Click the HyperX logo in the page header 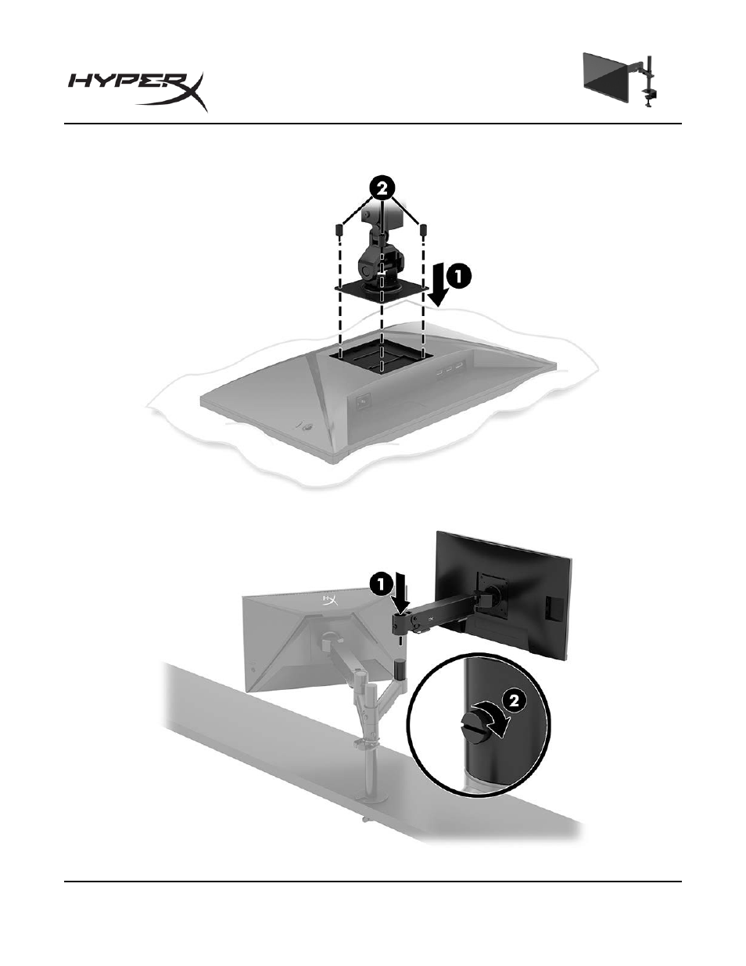tap(138, 92)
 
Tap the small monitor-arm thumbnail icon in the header tap(620, 80)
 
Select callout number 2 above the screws tap(382, 189)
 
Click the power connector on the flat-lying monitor tap(364, 401)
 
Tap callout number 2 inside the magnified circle tap(512, 701)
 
